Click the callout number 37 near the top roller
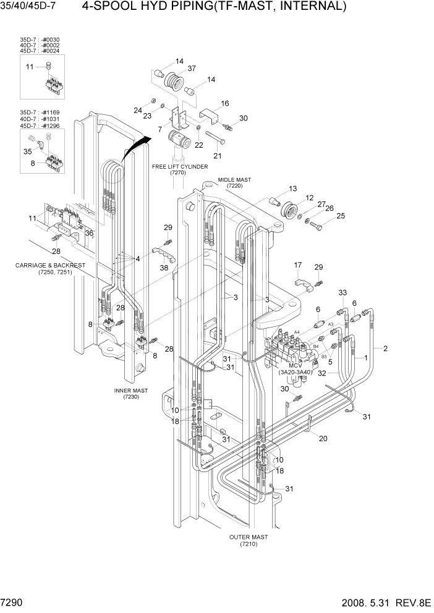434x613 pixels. click(192, 69)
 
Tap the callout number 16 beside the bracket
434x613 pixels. click(225, 103)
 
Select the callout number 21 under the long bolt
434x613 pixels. click(218, 155)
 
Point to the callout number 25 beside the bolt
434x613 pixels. click(341, 216)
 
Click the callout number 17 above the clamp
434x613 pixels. click(297, 265)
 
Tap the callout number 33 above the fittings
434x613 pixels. click(342, 292)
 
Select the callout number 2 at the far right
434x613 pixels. click(385, 349)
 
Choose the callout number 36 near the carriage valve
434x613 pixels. click(90, 233)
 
